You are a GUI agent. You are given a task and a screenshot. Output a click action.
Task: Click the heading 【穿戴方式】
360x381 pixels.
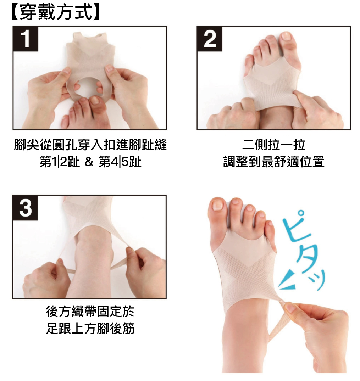(x=55, y=12)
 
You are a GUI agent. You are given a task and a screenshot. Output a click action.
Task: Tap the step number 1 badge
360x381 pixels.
(x=26, y=39)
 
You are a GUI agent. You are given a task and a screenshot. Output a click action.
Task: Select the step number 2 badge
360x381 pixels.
(x=209, y=39)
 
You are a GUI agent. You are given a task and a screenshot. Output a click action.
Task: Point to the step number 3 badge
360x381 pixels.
(x=25, y=208)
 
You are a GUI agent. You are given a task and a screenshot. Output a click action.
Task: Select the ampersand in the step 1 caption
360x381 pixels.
(x=89, y=162)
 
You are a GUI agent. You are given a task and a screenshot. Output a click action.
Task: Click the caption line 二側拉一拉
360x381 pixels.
(x=274, y=145)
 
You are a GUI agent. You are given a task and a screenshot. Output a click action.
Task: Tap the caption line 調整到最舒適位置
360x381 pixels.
(x=274, y=162)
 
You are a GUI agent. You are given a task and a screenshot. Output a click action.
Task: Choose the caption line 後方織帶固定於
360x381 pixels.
(x=90, y=312)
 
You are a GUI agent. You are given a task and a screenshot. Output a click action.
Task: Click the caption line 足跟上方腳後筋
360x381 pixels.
(x=90, y=329)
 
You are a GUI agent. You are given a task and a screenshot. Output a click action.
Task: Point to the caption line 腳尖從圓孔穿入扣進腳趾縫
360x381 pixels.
(x=90, y=145)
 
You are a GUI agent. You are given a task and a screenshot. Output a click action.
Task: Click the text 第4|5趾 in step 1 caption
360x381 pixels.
(x=120, y=162)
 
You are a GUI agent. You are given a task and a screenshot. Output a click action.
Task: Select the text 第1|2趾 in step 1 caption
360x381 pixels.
(x=60, y=162)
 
